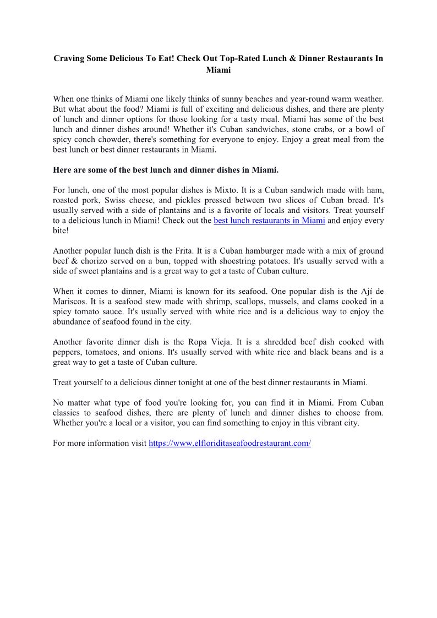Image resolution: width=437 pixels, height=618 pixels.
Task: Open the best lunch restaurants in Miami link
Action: tap(269, 221)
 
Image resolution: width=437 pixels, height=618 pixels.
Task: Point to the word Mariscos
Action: tap(69, 302)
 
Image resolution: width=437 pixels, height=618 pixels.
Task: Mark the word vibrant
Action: tap(326, 423)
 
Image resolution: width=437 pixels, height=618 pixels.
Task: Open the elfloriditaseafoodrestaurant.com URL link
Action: tap(230, 443)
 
